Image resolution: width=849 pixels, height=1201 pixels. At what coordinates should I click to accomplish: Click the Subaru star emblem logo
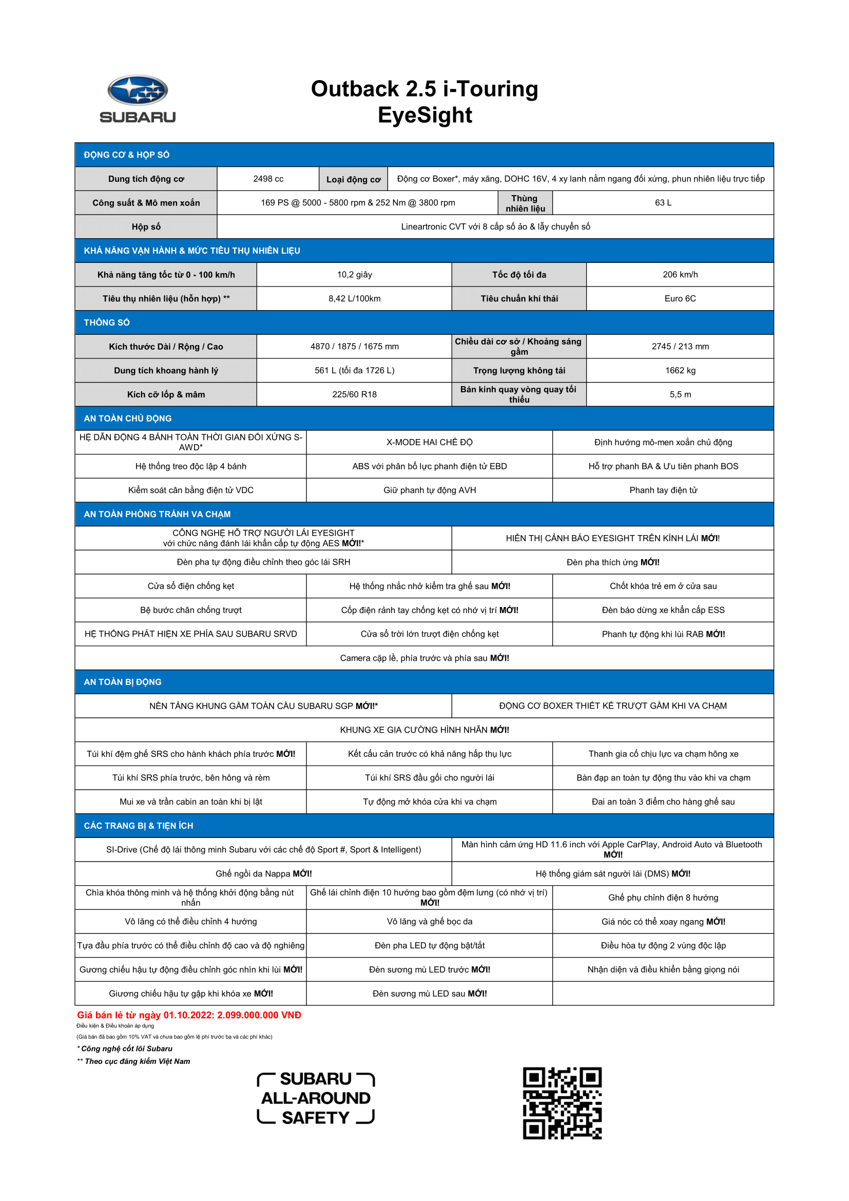click(138, 90)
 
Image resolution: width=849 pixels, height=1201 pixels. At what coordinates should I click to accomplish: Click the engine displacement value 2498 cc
click(268, 179)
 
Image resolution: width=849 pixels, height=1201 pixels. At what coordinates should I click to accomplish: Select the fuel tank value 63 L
click(663, 202)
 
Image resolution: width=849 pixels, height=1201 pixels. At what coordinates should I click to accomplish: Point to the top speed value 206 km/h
click(680, 275)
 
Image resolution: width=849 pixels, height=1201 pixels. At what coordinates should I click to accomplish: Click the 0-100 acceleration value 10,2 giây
click(355, 275)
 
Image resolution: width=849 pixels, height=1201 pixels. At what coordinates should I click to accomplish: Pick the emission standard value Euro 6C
click(680, 299)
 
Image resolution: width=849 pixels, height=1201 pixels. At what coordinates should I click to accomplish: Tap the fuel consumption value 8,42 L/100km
click(355, 299)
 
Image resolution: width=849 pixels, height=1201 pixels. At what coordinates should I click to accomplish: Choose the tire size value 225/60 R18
click(355, 394)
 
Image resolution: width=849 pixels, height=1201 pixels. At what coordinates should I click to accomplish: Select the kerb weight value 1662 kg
click(680, 370)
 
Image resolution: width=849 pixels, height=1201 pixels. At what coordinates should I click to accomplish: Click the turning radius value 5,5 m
click(680, 394)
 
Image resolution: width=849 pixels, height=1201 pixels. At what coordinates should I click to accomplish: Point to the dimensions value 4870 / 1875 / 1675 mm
click(355, 346)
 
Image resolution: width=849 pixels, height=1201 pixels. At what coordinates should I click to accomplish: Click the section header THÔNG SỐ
click(107, 323)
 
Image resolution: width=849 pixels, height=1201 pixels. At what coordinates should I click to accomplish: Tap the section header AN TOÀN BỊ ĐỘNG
click(122, 682)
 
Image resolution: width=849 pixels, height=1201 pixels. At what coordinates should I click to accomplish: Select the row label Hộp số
click(146, 226)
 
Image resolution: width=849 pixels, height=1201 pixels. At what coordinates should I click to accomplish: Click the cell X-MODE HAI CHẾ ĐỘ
click(429, 443)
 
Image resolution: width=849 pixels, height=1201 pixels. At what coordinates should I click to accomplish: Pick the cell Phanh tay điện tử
click(663, 490)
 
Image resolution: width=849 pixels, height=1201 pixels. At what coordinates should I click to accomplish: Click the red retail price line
click(189, 1015)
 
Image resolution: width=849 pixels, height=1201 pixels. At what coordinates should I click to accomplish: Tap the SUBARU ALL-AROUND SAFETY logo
click(316, 1098)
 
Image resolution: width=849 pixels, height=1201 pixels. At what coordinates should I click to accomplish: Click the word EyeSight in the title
click(424, 115)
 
